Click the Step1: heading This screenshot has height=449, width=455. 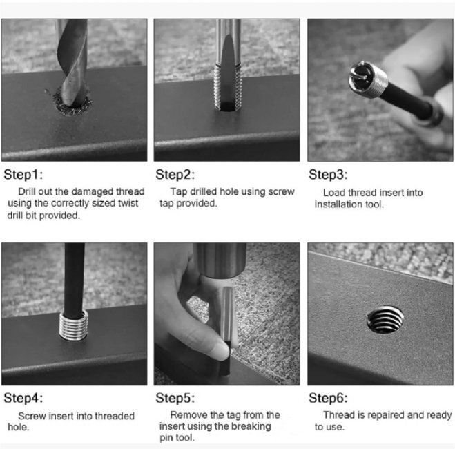23,175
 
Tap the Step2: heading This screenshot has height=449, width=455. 175,175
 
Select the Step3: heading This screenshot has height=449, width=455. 328,175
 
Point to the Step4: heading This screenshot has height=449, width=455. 23,398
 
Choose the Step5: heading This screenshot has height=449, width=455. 175,398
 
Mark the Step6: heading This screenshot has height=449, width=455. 328,398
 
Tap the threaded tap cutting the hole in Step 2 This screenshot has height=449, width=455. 228,87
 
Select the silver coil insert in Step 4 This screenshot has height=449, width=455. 74,325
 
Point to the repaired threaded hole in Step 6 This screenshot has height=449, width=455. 385,319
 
